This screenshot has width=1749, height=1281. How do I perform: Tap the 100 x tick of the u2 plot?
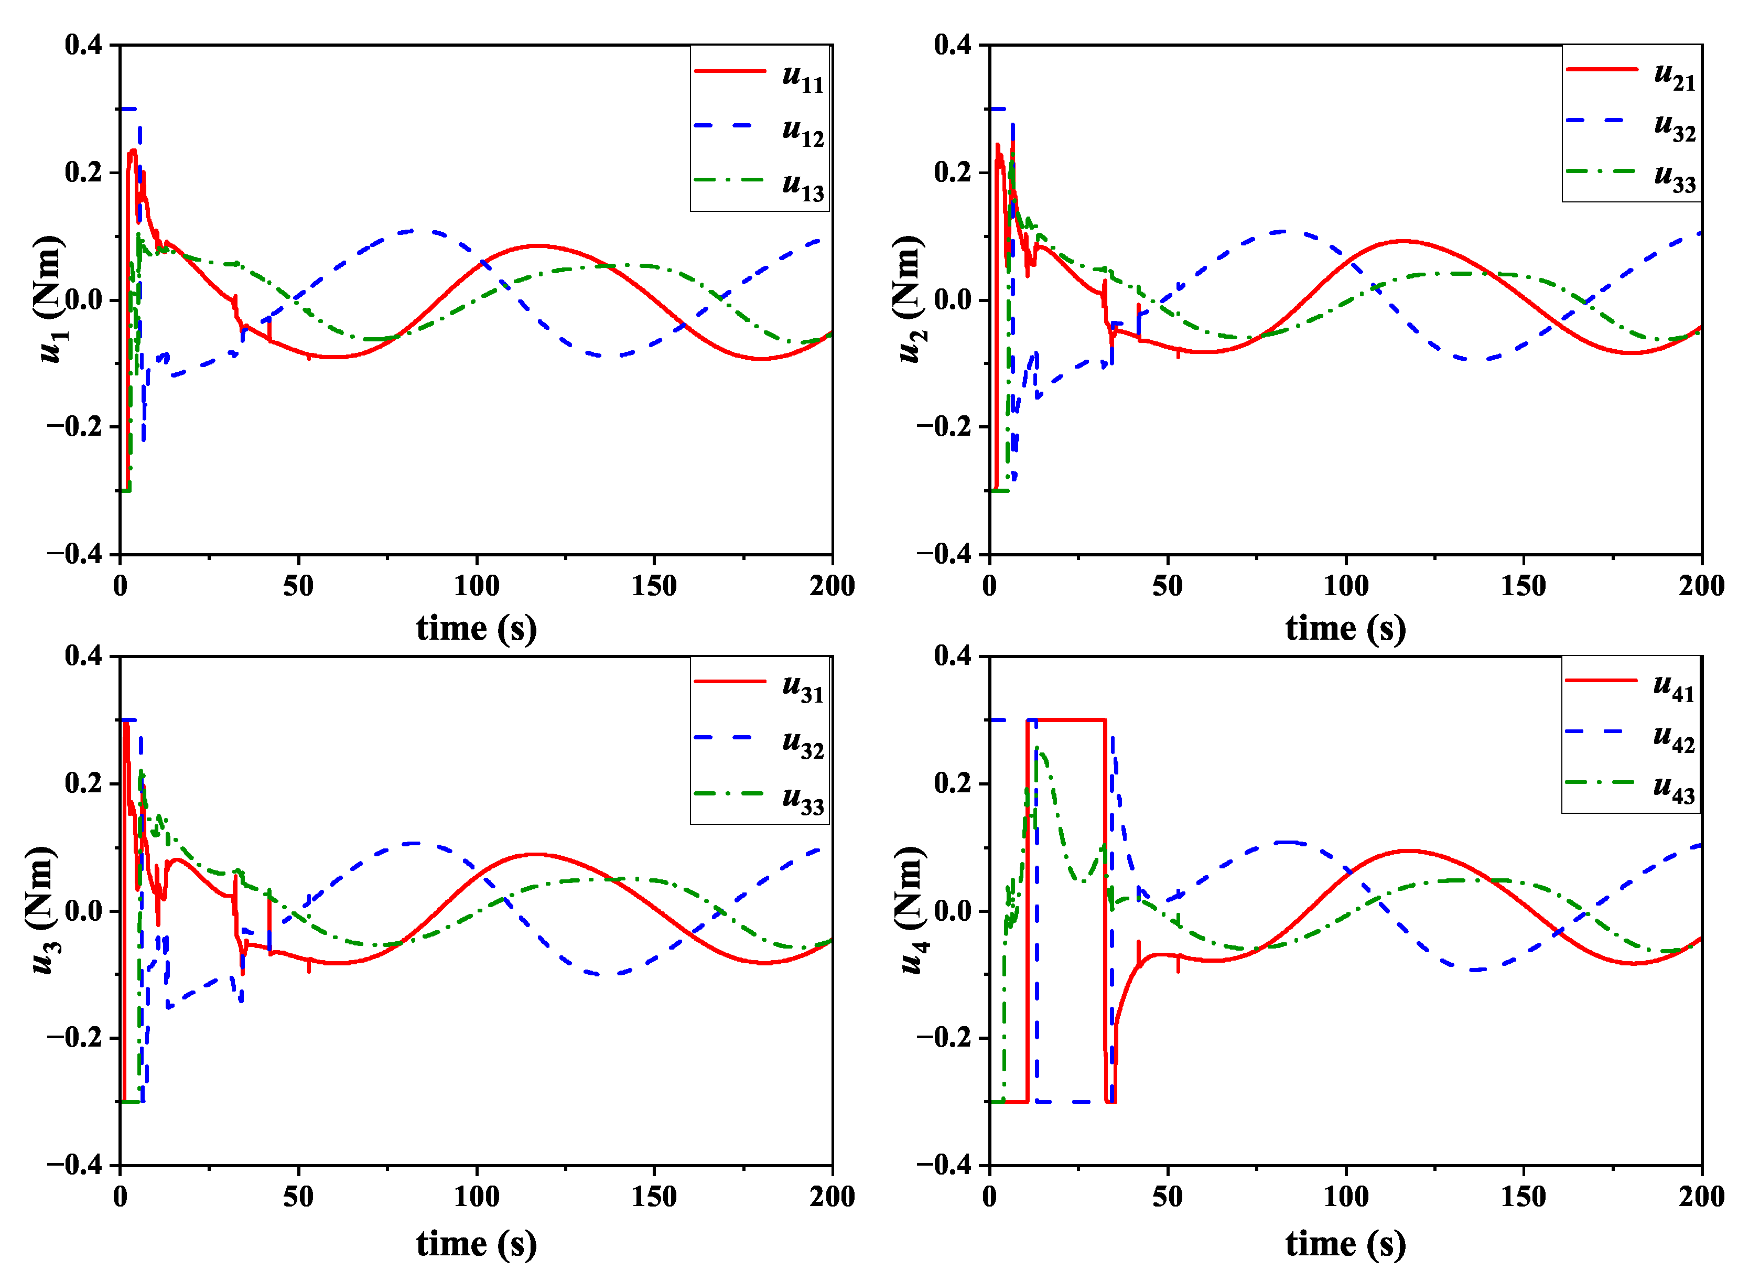(x=1345, y=586)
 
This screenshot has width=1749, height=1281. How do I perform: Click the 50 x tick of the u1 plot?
(x=298, y=586)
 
